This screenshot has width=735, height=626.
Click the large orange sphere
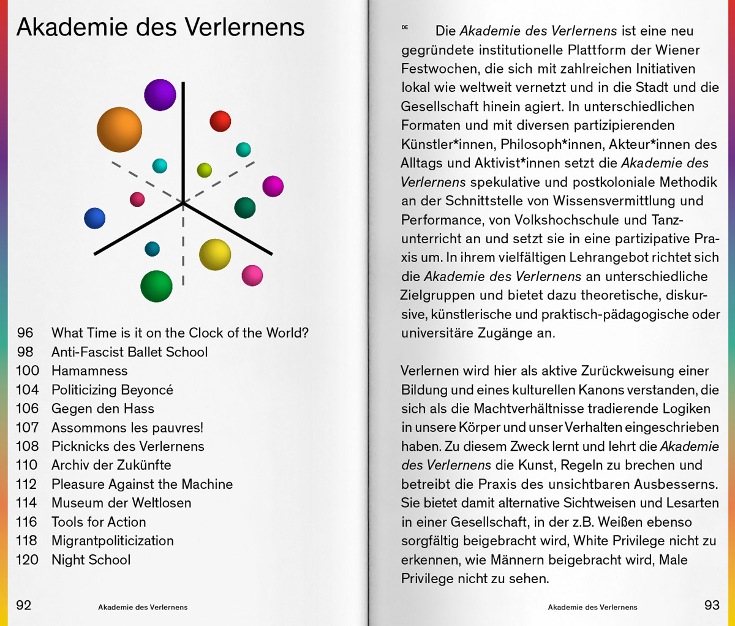pyautogui.click(x=119, y=129)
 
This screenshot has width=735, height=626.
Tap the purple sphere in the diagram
pyautogui.click(x=160, y=94)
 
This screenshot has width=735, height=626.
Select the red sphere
pyautogui.click(x=221, y=121)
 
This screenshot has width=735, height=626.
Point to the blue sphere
pyautogui.click(x=95, y=218)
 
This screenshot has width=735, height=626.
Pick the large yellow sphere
pyautogui.click(x=215, y=255)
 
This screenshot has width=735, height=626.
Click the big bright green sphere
pyautogui.click(x=156, y=286)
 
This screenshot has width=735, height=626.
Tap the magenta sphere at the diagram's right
pyautogui.click(x=273, y=186)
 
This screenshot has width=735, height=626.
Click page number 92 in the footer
pyautogui.click(x=24, y=605)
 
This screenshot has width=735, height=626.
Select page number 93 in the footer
pyautogui.click(x=712, y=605)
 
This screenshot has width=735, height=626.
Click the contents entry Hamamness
pyautogui.click(x=89, y=371)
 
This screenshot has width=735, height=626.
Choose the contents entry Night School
pyautogui.click(x=91, y=560)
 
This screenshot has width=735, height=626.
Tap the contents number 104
pyautogui.click(x=28, y=390)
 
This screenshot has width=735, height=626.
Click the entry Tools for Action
pyautogui.click(x=99, y=522)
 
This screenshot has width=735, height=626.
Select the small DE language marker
pyautogui.click(x=405, y=28)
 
